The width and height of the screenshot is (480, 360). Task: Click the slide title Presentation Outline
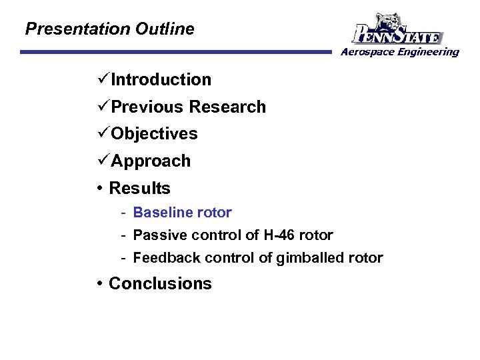pyautogui.click(x=109, y=29)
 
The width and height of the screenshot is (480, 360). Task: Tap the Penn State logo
pyautogui.click(x=397, y=29)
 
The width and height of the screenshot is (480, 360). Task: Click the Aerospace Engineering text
pyautogui.click(x=400, y=52)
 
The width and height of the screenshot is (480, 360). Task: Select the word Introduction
pyautogui.click(x=161, y=80)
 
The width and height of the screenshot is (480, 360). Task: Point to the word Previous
pyautogui.click(x=147, y=107)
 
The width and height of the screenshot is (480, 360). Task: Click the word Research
pyautogui.click(x=227, y=107)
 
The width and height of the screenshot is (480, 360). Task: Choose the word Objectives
pyautogui.click(x=154, y=134)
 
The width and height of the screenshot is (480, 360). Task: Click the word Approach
pyautogui.click(x=151, y=161)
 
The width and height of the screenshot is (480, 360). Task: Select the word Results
pyautogui.click(x=139, y=189)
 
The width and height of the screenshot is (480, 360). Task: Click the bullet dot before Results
pyautogui.click(x=99, y=189)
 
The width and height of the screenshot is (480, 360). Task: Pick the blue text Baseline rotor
pyautogui.click(x=182, y=213)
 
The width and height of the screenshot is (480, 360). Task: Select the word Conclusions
pyautogui.click(x=160, y=284)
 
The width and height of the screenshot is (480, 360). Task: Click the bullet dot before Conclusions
pyautogui.click(x=99, y=284)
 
